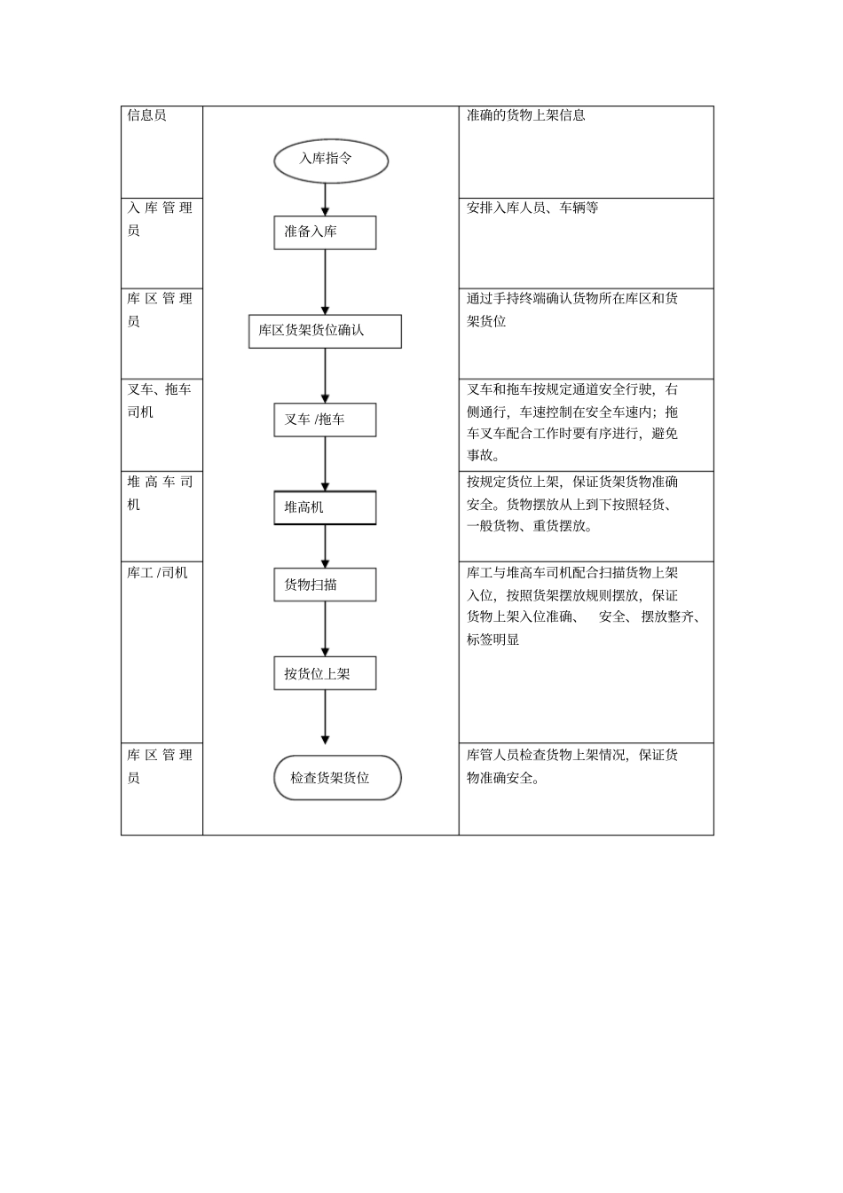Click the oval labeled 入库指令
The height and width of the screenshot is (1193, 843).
[331, 161]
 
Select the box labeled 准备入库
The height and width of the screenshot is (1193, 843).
[325, 232]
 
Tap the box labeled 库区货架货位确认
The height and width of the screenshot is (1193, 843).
[325, 331]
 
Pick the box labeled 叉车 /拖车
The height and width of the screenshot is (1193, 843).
[325, 420]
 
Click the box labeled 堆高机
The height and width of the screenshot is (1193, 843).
[325, 507]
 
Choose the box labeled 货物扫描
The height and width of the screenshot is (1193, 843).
[325, 585]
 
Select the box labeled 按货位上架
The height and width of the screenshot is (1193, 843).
[325, 673]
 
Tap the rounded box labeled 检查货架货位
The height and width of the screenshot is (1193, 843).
[337, 778]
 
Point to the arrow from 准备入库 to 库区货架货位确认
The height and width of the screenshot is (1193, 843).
[326, 282]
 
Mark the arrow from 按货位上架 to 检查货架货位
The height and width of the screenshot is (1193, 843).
[326, 717]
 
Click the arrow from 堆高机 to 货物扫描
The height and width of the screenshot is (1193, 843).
[326, 546]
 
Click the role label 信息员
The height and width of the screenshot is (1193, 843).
[146, 115]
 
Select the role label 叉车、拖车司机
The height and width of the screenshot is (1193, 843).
[159, 400]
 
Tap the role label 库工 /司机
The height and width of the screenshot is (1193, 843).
[157, 573]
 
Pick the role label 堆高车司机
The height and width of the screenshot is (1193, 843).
[159, 492]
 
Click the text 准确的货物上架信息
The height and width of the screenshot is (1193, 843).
[525, 115]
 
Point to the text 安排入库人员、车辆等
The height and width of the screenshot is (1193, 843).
[532, 208]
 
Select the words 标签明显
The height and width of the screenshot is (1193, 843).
[492, 639]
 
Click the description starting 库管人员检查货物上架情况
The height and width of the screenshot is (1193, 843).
[571, 766]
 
